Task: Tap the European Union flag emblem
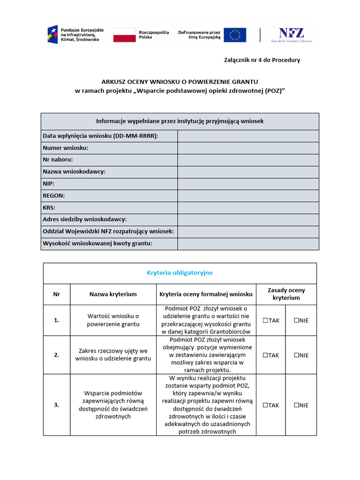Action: (235, 35)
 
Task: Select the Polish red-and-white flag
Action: (124, 35)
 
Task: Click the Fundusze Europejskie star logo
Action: (52, 34)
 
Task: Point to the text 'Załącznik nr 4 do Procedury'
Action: (261, 60)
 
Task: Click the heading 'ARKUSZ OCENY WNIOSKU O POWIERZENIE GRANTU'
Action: (180, 81)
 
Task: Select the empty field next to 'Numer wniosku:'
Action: (248, 148)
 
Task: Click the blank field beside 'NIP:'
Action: (248, 184)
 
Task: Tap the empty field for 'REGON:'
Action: (248, 195)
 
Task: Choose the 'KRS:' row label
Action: (49, 208)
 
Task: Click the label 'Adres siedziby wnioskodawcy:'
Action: (85, 219)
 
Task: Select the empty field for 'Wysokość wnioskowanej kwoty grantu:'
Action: (248, 243)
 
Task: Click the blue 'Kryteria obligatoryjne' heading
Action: (180, 273)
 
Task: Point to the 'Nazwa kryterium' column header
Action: (113, 294)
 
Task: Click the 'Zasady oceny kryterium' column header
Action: (286, 294)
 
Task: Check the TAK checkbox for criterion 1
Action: (265, 320)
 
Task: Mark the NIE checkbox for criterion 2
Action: (296, 355)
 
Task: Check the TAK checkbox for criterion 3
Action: (265, 405)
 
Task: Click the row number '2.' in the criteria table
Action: (57, 355)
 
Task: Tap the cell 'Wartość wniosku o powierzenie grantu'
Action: (113, 320)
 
